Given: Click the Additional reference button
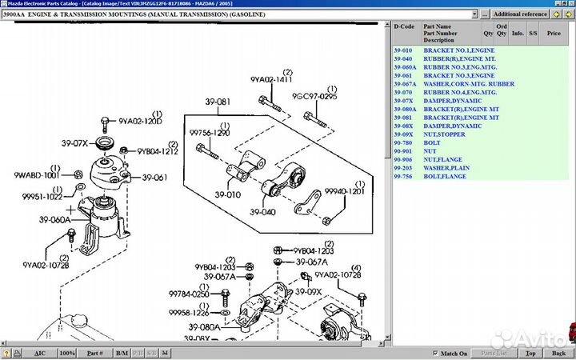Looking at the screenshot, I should point(521,14).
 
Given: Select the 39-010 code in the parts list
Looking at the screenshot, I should point(403,50).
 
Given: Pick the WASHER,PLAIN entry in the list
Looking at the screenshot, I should point(448,167).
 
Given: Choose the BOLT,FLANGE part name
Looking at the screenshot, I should point(445,176).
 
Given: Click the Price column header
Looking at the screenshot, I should point(554,34).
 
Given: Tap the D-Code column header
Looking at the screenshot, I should point(405,26).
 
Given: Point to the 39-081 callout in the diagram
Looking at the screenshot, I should point(218,102).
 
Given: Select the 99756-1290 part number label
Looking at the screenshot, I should point(210,133).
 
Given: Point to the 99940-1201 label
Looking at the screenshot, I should point(345,192).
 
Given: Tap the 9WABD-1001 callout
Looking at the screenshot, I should point(37,174).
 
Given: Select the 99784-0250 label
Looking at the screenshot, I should point(189,294).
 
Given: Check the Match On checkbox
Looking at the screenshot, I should point(435,353).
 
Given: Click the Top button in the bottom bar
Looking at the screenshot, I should point(530,353).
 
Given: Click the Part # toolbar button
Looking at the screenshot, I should point(94,353).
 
